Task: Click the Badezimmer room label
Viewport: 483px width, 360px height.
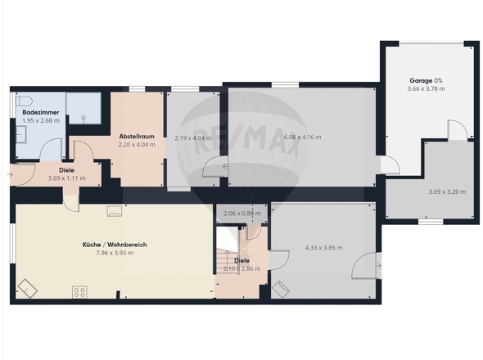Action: tap(41, 112)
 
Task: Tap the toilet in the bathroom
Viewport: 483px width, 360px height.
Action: tap(24, 101)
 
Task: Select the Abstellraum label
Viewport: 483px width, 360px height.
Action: tap(137, 136)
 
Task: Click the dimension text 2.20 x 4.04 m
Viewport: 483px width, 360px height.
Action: tap(137, 145)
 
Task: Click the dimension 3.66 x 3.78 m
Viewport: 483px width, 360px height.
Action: tap(426, 88)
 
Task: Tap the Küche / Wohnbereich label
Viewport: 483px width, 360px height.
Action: tap(115, 245)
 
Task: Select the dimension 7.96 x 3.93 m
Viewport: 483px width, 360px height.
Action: tap(115, 253)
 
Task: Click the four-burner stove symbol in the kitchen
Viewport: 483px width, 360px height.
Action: tap(79, 292)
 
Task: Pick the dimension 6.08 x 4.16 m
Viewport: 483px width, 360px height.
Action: tap(302, 137)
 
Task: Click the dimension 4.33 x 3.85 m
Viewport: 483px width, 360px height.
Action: tap(323, 248)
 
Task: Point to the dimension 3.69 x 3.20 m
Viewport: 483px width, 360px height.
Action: tap(447, 191)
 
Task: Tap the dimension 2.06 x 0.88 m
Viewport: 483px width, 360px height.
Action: tap(242, 213)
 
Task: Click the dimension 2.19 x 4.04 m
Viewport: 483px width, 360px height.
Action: tap(193, 138)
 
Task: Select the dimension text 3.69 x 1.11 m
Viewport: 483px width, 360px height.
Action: tap(67, 178)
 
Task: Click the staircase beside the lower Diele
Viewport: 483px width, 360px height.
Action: tap(228, 262)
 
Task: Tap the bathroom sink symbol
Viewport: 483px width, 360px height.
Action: tap(21, 135)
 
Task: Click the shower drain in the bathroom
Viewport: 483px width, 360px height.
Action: tap(84, 117)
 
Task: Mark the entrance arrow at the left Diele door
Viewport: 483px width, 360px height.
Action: tap(10, 175)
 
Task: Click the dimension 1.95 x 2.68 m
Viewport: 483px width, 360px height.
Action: tap(41, 120)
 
